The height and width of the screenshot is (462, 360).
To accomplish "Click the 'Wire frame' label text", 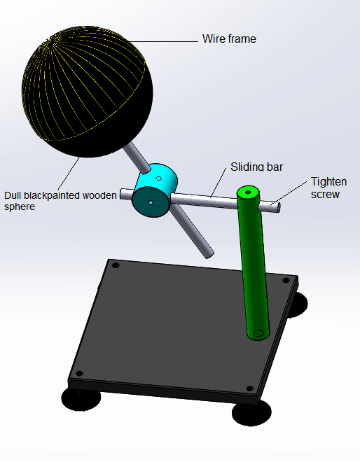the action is click(x=229, y=39).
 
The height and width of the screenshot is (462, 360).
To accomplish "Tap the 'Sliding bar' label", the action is click(x=256, y=167).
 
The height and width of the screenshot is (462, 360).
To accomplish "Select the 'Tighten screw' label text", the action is click(x=328, y=188).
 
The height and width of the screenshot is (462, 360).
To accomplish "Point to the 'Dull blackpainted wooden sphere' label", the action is click(x=60, y=201).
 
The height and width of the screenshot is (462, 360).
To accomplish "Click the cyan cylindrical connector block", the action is click(x=155, y=190).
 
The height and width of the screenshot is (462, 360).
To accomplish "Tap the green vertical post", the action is click(x=254, y=262).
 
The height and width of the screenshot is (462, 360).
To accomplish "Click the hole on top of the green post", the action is click(x=248, y=192).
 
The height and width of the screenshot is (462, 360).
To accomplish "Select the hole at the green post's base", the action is click(x=258, y=333).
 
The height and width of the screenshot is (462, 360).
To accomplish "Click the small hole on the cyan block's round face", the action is click(x=151, y=202).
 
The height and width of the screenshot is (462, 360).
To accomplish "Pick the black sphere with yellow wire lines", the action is click(x=88, y=91).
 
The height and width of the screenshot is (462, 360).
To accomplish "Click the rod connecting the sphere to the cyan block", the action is click(x=137, y=157).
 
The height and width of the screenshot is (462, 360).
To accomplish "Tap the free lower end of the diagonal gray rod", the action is click(x=209, y=254).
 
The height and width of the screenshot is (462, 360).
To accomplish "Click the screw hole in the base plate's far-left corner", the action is click(x=116, y=265).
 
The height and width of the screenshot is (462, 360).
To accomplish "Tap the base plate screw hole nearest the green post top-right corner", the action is click(x=286, y=280).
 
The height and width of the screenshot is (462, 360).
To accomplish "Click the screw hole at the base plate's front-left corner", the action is click(x=79, y=373).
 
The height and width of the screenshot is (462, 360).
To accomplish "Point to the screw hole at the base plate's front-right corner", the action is click(x=250, y=388).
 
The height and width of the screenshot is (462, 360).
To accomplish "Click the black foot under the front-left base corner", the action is click(x=81, y=400).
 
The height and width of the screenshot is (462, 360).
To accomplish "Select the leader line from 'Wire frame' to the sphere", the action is click(x=164, y=41).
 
